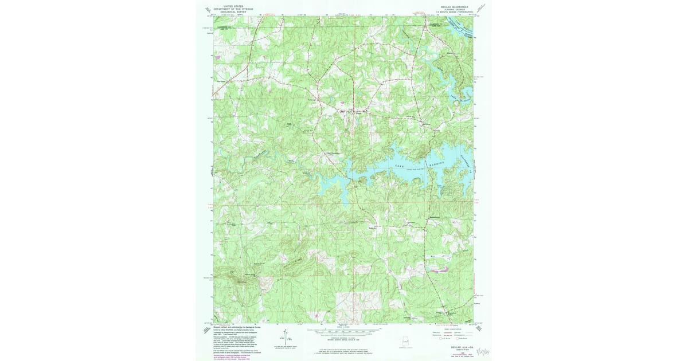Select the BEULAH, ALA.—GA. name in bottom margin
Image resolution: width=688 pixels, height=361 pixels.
(x=453, y=347)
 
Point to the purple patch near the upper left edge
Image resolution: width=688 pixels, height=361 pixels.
(x=217, y=57)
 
